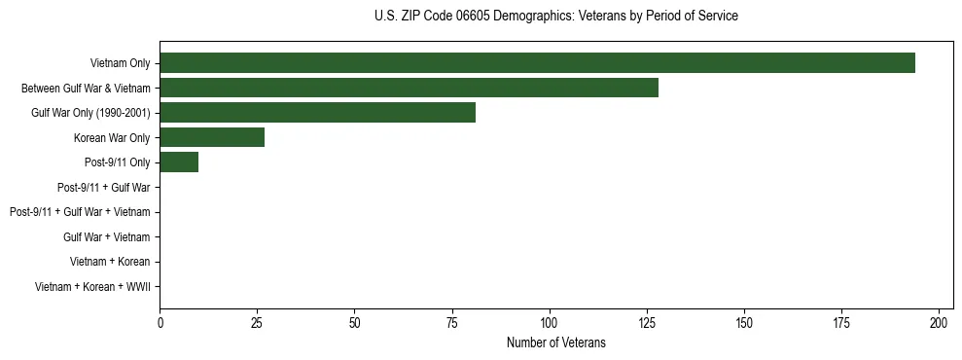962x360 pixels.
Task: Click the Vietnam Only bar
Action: [537, 62]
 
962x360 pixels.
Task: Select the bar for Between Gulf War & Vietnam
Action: [409, 88]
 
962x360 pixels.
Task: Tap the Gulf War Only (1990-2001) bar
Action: [317, 112]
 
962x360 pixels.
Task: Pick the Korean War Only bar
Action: [212, 137]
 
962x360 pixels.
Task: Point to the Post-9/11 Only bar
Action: [179, 162]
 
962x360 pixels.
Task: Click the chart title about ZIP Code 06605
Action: [555, 17]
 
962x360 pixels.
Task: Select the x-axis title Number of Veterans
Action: [555, 342]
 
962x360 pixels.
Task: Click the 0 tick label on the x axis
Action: [160, 321]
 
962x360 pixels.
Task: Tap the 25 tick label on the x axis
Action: [257, 321]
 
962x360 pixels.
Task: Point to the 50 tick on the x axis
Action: [354, 321]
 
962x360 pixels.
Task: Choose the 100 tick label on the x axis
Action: [550, 321]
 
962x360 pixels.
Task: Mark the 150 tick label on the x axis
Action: [744, 321]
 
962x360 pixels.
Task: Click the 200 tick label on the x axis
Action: [939, 321]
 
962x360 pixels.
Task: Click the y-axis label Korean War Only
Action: [112, 138]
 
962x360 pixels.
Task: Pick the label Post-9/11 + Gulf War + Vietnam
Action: [80, 212]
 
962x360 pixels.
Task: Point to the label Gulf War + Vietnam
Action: [106, 236]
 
